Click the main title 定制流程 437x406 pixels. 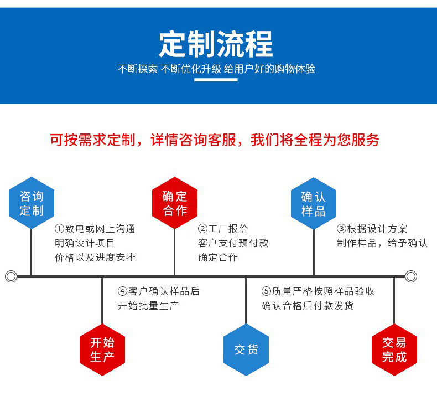(x=216, y=45)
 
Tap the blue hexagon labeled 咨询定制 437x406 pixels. (x=32, y=203)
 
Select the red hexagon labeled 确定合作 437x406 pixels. (x=175, y=203)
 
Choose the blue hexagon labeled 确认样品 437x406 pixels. (x=314, y=203)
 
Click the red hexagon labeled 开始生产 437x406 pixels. (x=102, y=350)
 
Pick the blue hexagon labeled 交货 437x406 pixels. (x=246, y=350)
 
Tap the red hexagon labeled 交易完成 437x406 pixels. (x=394, y=350)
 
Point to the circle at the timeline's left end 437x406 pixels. (x=11, y=276)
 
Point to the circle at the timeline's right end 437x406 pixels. (x=410, y=276)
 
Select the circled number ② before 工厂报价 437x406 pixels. (x=203, y=229)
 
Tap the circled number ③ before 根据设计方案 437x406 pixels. (x=342, y=229)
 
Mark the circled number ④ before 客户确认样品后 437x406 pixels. (x=122, y=291)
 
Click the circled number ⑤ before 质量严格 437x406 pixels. (x=266, y=291)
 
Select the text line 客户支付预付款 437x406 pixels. (x=233, y=243)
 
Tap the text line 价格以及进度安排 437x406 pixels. (x=95, y=258)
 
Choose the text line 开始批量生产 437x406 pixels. (x=148, y=306)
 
